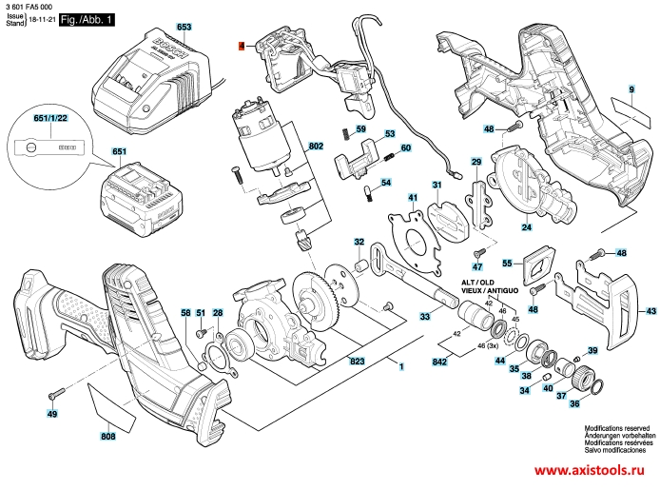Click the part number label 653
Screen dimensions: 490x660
click(x=184, y=27)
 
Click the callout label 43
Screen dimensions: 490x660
click(x=650, y=311)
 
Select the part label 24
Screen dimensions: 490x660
click(x=526, y=227)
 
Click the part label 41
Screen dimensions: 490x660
click(x=414, y=198)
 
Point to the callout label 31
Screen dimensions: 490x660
click(x=437, y=185)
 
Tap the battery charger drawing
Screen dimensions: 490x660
click(x=152, y=86)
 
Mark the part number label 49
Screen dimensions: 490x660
click(x=52, y=414)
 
